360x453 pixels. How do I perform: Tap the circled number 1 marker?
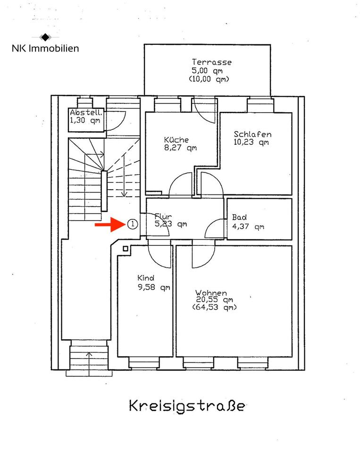133,224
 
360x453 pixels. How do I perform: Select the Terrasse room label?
211,62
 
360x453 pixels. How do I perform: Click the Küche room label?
176,140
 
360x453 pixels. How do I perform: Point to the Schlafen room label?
252,134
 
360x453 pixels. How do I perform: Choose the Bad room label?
239,218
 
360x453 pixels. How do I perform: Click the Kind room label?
146,278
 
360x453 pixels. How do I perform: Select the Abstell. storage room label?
86,113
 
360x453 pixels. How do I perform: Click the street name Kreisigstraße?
187,406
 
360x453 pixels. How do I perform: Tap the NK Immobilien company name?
45,48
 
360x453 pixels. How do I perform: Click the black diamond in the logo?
45,37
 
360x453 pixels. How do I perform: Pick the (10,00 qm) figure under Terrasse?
209,80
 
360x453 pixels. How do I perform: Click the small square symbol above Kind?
126,248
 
